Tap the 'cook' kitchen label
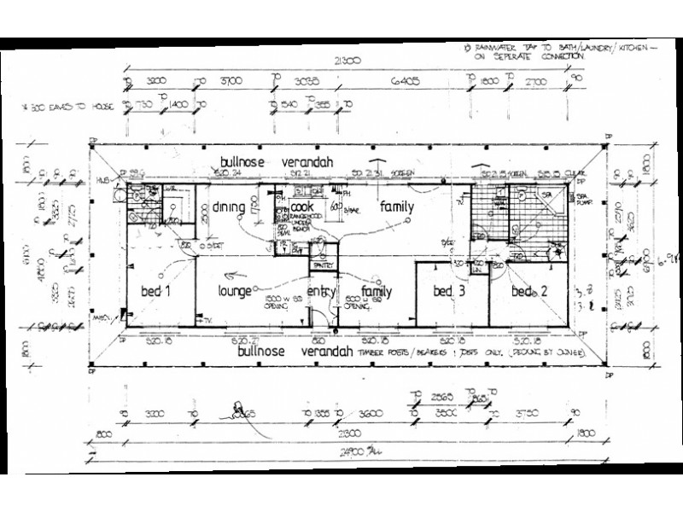[302, 207]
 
